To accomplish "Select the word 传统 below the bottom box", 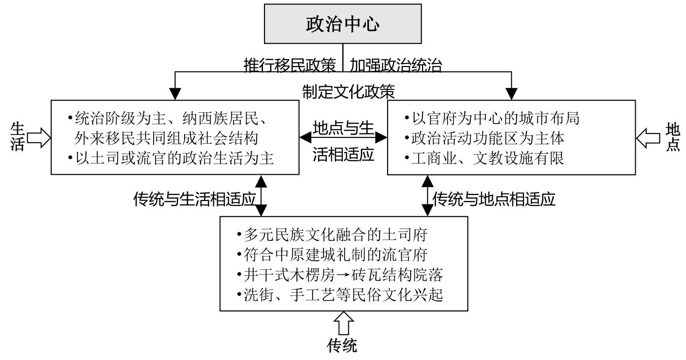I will [x=343, y=346].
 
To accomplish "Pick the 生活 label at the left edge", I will [x=17, y=138].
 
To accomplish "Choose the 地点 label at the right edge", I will [x=672, y=137].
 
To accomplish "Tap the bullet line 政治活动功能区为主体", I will [x=484, y=138].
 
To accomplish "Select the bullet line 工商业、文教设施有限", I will [x=484, y=159].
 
